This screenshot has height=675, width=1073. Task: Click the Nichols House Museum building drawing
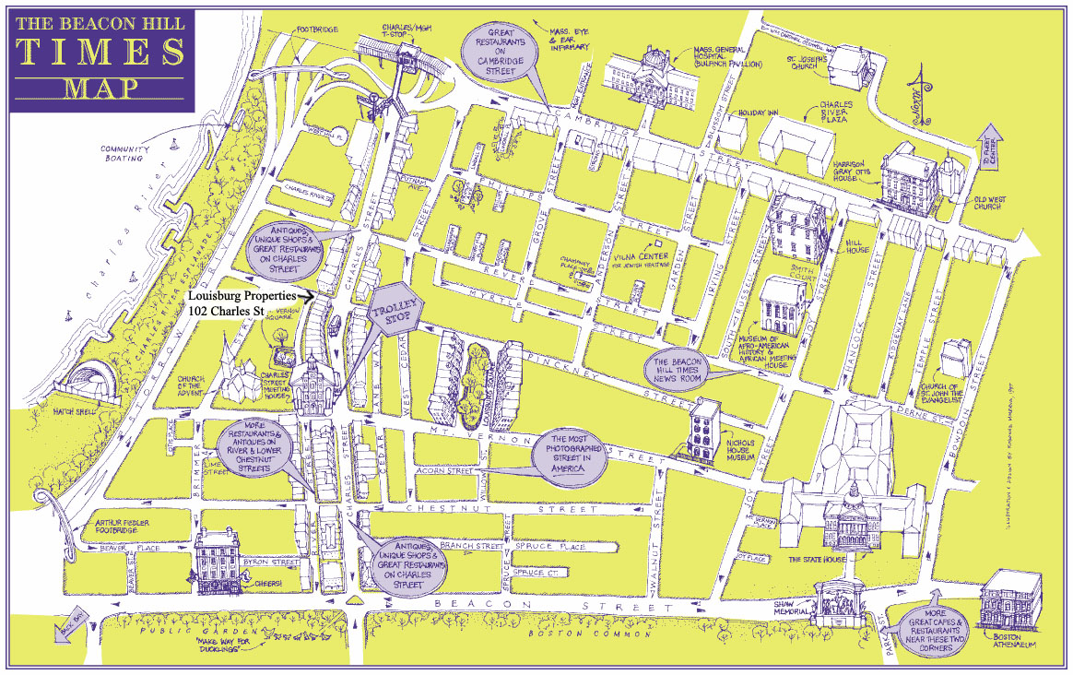pyautogui.click(x=708, y=426)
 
